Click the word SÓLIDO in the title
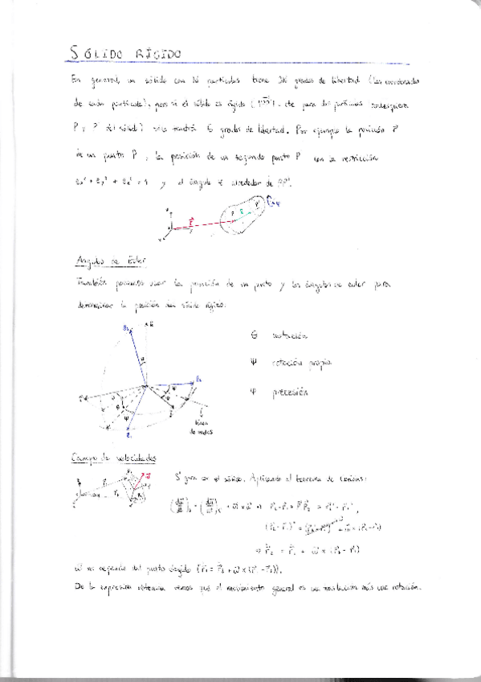(95, 54)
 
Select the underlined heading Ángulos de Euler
(104, 262)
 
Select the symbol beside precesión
(253, 392)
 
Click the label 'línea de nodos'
(201, 427)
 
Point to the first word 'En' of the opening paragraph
(76, 81)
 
